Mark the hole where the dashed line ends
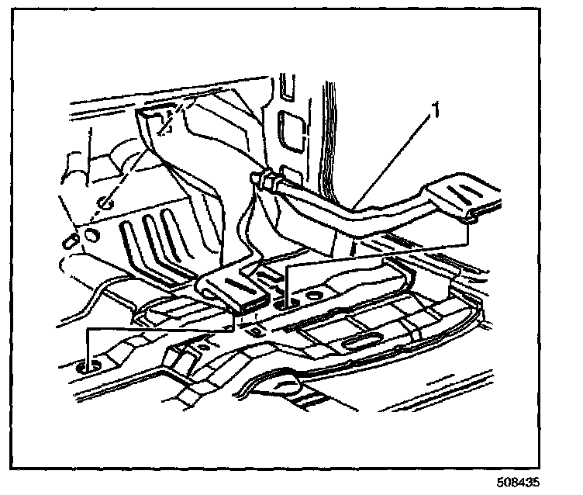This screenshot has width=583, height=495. pos(109,204)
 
